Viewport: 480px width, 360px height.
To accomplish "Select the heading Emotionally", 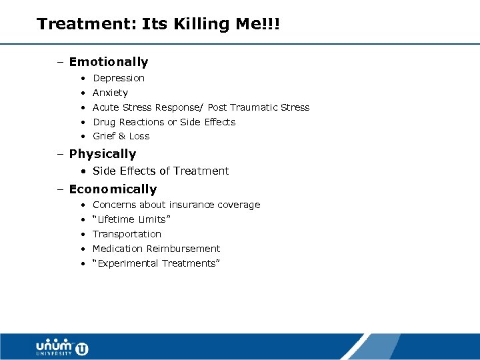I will pyautogui.click(x=108, y=62).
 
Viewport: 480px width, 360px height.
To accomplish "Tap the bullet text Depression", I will pyautogui.click(x=119, y=78).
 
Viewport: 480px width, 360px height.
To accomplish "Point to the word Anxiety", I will pyautogui.click(x=110, y=93).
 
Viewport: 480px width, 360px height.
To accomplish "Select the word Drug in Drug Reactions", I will pyautogui.click(x=104, y=122).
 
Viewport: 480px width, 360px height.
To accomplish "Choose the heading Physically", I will pyautogui.click(x=102, y=154).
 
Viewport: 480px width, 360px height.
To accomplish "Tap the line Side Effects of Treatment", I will pyautogui.click(x=160, y=171).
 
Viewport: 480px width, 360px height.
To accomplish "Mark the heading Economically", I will pyautogui.click(x=113, y=189).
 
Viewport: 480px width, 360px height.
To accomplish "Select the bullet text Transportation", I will pyautogui.click(x=127, y=234).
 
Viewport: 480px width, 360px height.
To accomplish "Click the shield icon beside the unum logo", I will pyautogui.click(x=82, y=348).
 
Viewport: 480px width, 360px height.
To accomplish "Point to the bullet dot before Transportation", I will pyautogui.click(x=82, y=234).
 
